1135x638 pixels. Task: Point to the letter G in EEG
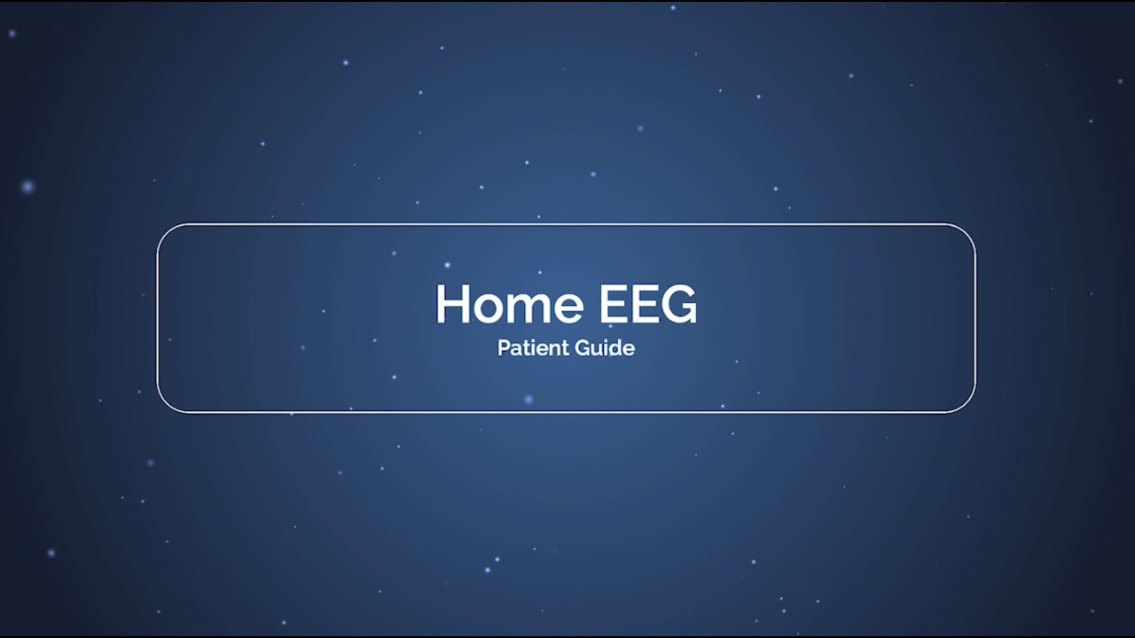point(678,304)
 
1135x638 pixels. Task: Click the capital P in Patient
point(503,347)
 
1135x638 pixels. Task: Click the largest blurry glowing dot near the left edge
point(27,186)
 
